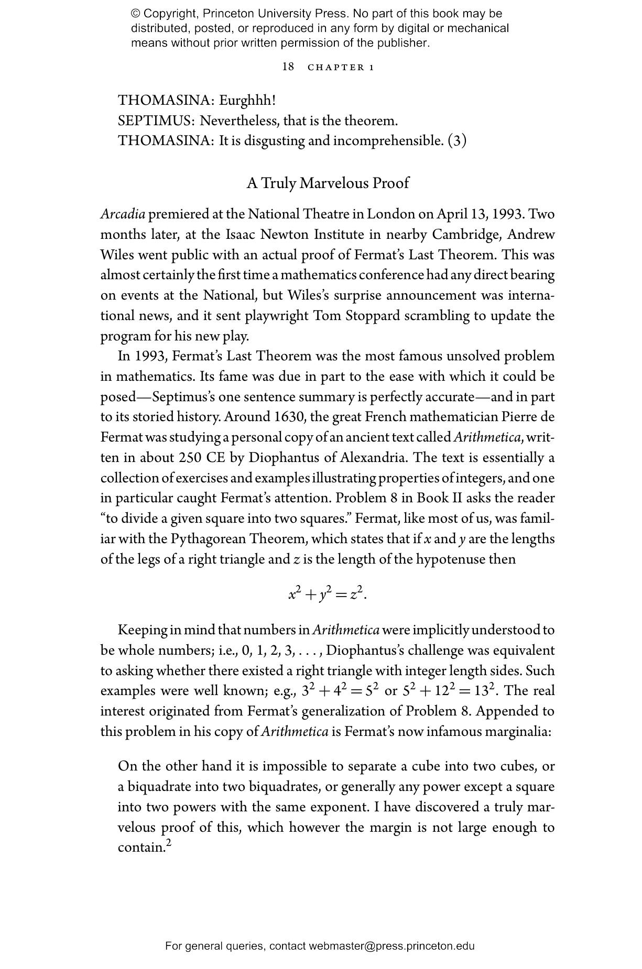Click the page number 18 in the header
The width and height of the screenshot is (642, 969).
click(x=288, y=67)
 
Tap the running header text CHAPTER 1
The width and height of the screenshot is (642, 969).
click(x=341, y=67)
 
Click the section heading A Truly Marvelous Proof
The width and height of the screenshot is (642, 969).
click(x=328, y=183)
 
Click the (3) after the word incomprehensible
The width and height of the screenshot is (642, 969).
click(x=457, y=141)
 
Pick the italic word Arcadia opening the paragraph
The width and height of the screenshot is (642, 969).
click(x=123, y=214)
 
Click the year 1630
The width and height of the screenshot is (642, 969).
click(x=290, y=417)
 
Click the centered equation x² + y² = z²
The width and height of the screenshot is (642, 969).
click(x=327, y=594)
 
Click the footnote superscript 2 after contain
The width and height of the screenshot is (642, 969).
click(x=169, y=843)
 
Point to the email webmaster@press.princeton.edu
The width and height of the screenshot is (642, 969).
click(x=391, y=946)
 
